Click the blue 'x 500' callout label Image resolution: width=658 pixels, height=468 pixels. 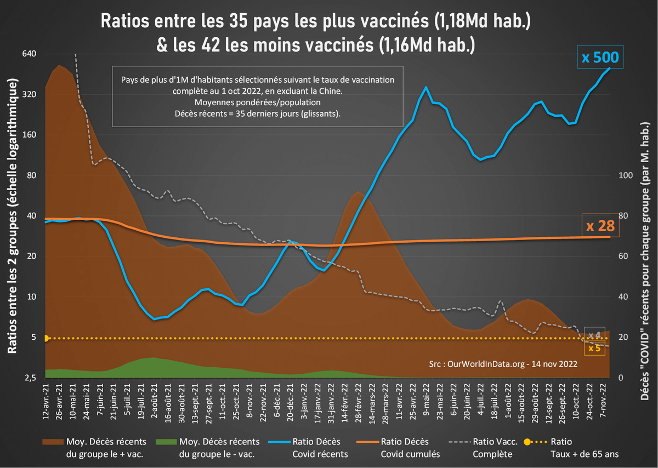(600, 58)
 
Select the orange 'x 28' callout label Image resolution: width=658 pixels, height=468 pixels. (599, 226)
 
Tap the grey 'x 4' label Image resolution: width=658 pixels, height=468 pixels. (594, 335)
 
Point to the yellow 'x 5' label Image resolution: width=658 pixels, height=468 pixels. (594, 347)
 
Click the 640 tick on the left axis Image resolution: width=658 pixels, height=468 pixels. (29, 54)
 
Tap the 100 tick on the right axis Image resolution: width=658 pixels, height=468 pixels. (624, 175)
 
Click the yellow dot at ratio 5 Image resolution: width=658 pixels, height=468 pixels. (46, 338)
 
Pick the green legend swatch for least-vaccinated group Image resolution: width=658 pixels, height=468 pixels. (164, 441)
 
